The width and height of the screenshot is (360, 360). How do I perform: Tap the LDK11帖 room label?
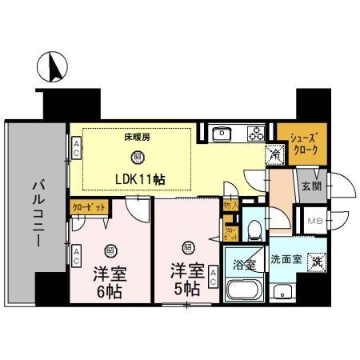(138, 179)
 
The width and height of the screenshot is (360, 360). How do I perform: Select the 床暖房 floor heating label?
(137, 137)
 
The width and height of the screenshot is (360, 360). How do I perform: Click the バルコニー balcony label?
(37, 212)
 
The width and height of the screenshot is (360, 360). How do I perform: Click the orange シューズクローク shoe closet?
(301, 144)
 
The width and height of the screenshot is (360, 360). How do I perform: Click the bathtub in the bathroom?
(244, 290)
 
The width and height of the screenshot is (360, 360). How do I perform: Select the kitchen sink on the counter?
(222, 134)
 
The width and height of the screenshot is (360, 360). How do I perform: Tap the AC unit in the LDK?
(77, 148)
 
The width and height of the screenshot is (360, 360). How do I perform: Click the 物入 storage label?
(229, 206)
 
